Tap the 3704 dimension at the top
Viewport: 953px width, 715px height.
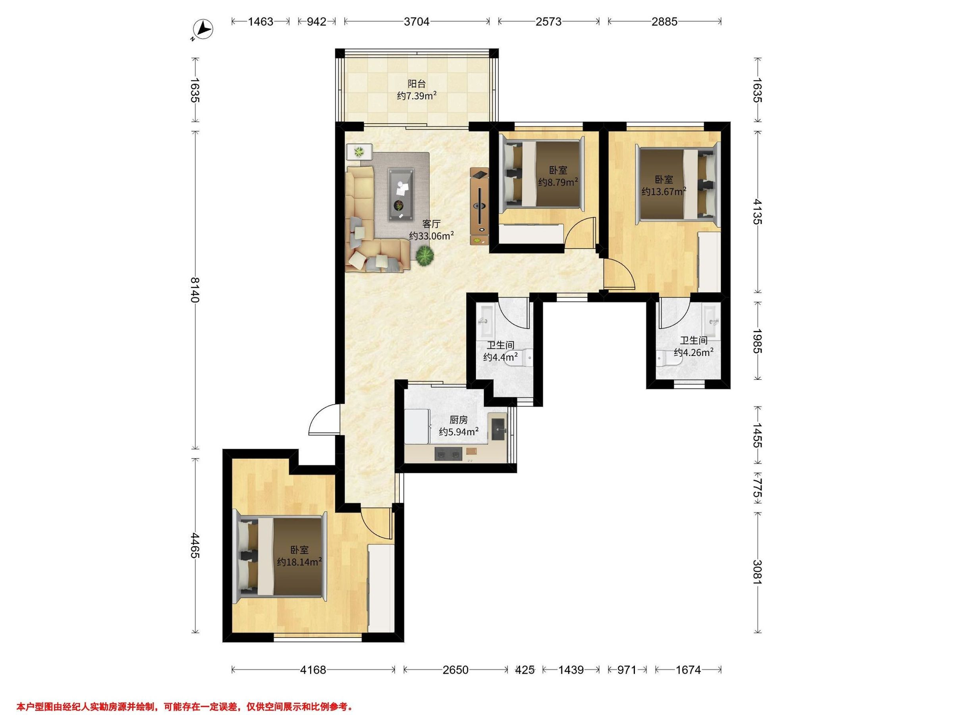(416, 21)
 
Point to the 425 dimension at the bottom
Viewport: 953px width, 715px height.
(525, 669)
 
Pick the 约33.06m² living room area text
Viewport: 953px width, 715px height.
(431, 236)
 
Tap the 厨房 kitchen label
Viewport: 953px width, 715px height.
(458, 420)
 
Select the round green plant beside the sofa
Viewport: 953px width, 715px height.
(425, 255)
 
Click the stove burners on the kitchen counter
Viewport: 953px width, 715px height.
(448, 453)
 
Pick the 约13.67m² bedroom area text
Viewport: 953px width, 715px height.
(664, 191)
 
